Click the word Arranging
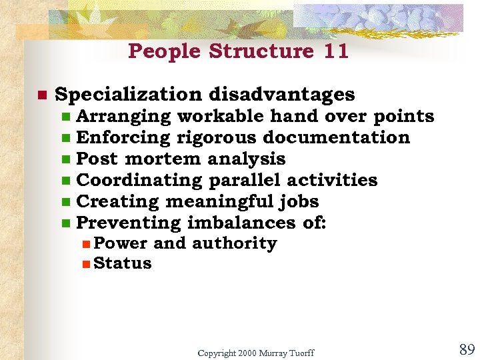[123, 116]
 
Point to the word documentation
[337, 137]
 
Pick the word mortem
[163, 159]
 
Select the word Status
[123, 263]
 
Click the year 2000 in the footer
[247, 352]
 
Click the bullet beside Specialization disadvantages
[41, 96]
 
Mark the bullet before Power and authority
[86, 245]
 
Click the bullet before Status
[86, 265]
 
